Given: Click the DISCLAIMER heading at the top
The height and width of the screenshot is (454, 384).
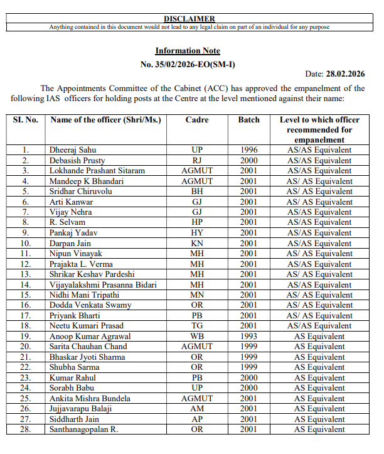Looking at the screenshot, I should [x=189, y=19].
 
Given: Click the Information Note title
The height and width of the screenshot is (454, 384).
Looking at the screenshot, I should [x=188, y=51].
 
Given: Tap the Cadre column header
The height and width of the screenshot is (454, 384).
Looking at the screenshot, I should [x=197, y=119].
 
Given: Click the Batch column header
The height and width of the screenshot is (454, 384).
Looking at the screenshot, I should [x=248, y=119].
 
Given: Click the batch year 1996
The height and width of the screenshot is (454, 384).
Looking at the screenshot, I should [x=248, y=150].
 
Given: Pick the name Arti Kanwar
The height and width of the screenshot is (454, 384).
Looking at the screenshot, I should [x=72, y=202].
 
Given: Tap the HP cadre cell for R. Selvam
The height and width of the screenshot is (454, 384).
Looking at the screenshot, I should [x=197, y=222].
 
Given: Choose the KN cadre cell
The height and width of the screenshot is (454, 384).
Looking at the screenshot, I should [x=197, y=243].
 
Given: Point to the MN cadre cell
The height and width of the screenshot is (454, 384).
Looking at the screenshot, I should [x=197, y=295].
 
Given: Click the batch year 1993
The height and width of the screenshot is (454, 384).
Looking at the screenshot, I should [x=248, y=336].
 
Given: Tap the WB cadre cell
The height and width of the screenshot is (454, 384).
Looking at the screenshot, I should [x=197, y=336].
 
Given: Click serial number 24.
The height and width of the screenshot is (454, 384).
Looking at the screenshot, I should [x=25, y=388].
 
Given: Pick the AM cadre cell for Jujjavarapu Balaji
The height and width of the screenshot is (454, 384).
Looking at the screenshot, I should [x=197, y=409].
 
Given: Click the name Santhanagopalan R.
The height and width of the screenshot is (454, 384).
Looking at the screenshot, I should [x=84, y=430].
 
